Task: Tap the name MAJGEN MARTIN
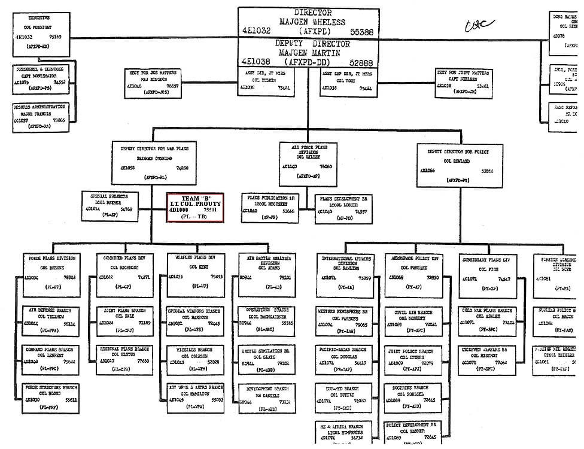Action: tap(308, 53)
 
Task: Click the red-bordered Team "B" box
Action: tap(194, 208)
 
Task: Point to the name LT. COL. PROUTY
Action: tap(194, 204)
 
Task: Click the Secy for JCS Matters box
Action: tap(151, 83)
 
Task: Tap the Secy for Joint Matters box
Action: tap(463, 83)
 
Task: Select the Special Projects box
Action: tap(111, 204)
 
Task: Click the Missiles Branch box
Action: tap(196, 357)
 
